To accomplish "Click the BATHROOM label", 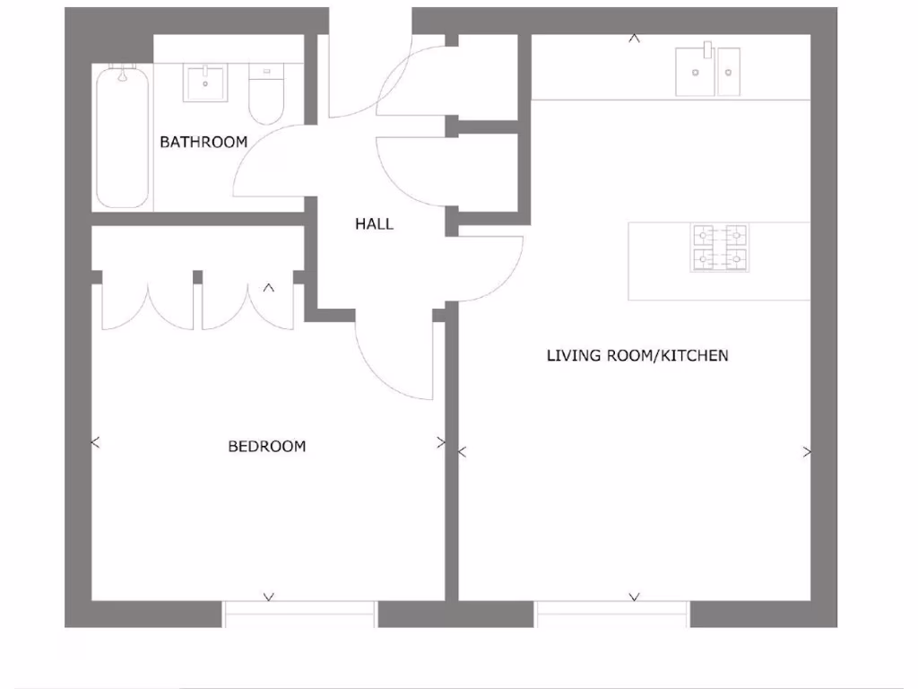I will pos(203,142).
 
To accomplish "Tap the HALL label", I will pos(374,224).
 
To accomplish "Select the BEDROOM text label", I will pos(266,446).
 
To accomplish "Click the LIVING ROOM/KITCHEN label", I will pos(637,356).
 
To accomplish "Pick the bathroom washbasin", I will pos(207,83).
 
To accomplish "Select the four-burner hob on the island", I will pos(719,248).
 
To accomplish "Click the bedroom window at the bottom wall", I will pos(299,615).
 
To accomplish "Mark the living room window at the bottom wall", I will pos(612,615).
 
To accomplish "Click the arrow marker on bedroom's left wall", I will pos(96,442).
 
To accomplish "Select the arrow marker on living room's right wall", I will pos(807,452).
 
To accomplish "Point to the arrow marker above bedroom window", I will pos(268,596).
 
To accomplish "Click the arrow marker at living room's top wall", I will pos(634,39).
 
